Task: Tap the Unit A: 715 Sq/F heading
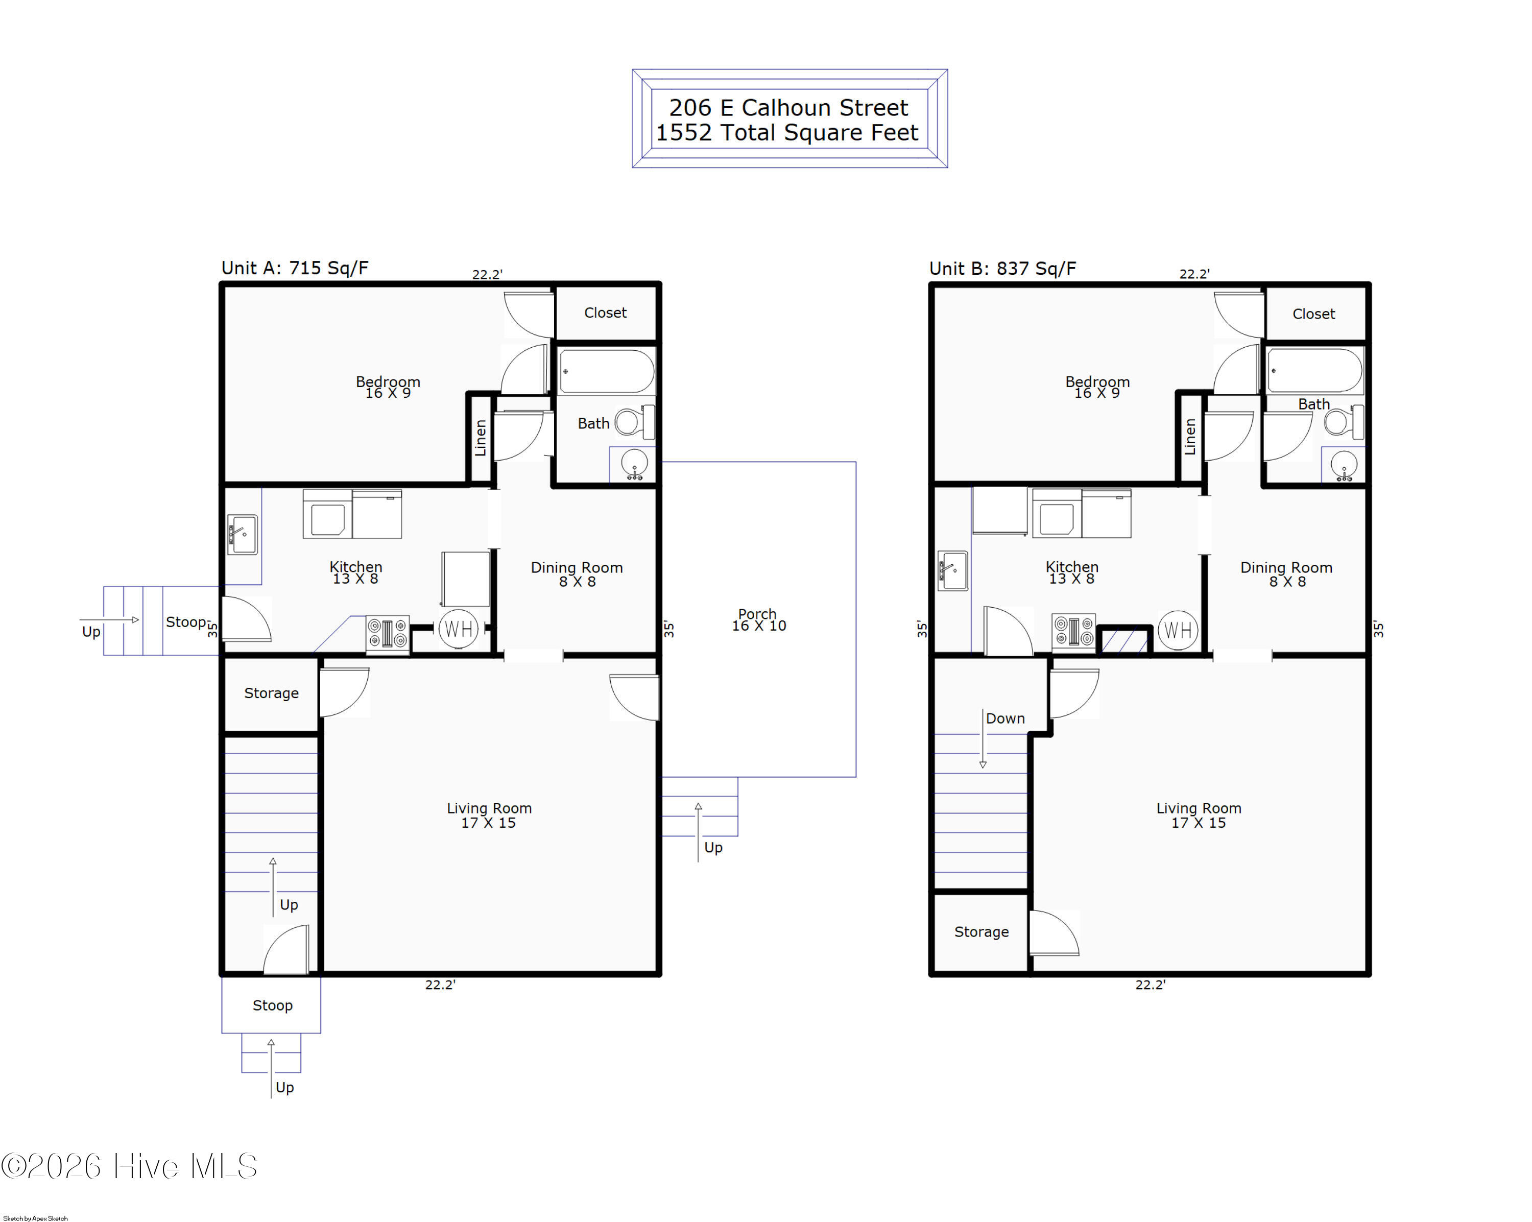point(295,268)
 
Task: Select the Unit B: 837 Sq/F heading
point(1002,269)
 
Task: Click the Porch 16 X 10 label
point(758,619)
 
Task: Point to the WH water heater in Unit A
point(458,629)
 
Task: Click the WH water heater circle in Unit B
point(1178,630)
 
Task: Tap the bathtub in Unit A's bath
point(607,371)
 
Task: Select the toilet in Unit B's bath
point(1344,422)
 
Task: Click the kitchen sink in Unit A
point(242,534)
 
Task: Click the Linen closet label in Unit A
point(481,438)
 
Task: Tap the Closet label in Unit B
point(1313,314)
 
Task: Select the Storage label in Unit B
point(982,931)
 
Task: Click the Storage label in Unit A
point(272,692)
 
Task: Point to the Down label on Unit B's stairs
point(1005,718)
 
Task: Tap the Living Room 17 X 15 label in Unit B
point(1199,815)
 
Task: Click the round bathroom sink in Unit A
point(634,464)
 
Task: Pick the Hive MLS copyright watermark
point(129,1166)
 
